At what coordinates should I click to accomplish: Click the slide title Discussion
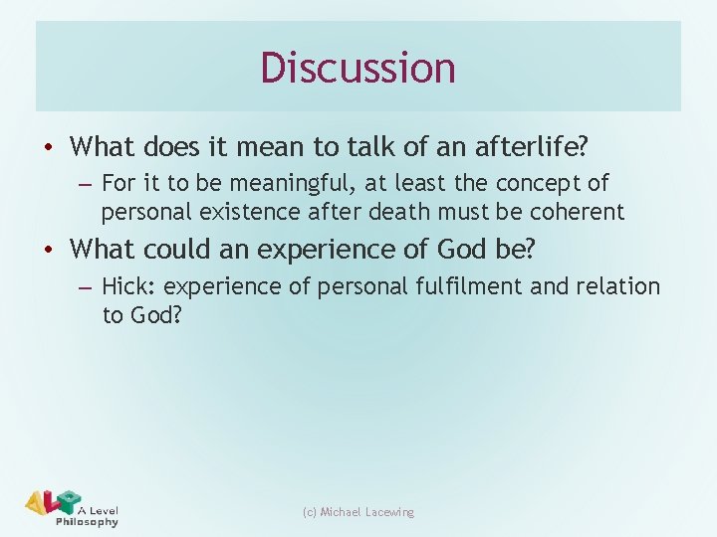click(x=358, y=68)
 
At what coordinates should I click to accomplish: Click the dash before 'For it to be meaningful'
click(x=84, y=185)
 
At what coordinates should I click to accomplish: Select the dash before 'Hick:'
click(x=84, y=288)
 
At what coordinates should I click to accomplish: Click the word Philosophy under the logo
click(x=88, y=522)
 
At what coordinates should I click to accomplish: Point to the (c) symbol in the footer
click(x=310, y=512)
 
